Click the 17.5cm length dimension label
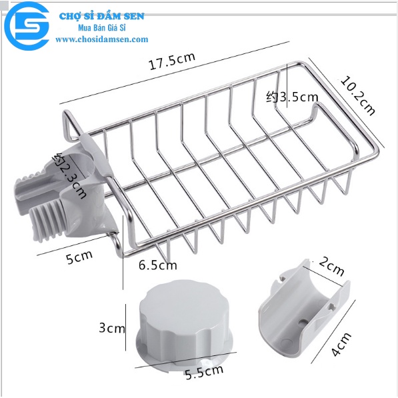(172, 61)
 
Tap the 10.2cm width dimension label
(357, 95)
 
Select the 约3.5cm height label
(292, 97)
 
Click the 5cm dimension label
(79, 257)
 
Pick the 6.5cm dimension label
(157, 265)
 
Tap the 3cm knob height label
(112, 328)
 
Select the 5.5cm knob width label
(204, 372)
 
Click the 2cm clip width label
(331, 266)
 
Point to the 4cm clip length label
(341, 345)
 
